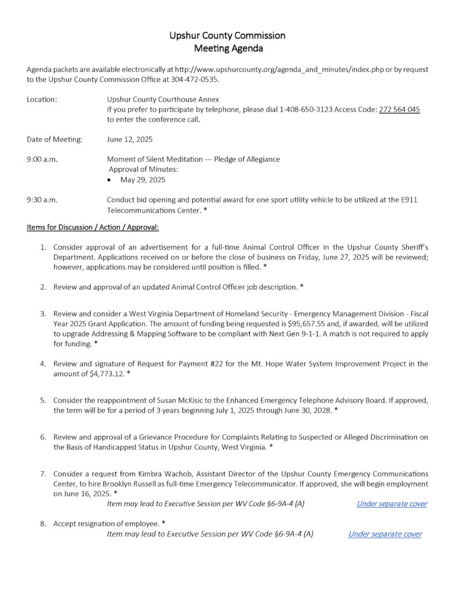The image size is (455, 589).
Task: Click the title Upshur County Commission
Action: (x=227, y=36)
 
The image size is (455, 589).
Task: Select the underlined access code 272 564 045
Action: (x=399, y=109)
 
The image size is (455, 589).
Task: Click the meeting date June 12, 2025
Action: (x=130, y=139)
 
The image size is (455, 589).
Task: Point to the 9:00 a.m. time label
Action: (x=42, y=159)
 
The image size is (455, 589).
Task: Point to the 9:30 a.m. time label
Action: (x=42, y=200)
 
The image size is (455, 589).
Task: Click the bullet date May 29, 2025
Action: (x=143, y=179)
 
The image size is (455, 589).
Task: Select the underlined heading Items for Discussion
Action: (x=93, y=227)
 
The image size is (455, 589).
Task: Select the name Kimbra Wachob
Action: (x=153, y=474)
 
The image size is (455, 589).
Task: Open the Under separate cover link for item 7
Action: (x=392, y=504)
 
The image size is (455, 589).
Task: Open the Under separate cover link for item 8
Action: (x=385, y=534)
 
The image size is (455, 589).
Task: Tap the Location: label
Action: (x=42, y=100)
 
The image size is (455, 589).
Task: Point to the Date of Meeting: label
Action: (x=55, y=139)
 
